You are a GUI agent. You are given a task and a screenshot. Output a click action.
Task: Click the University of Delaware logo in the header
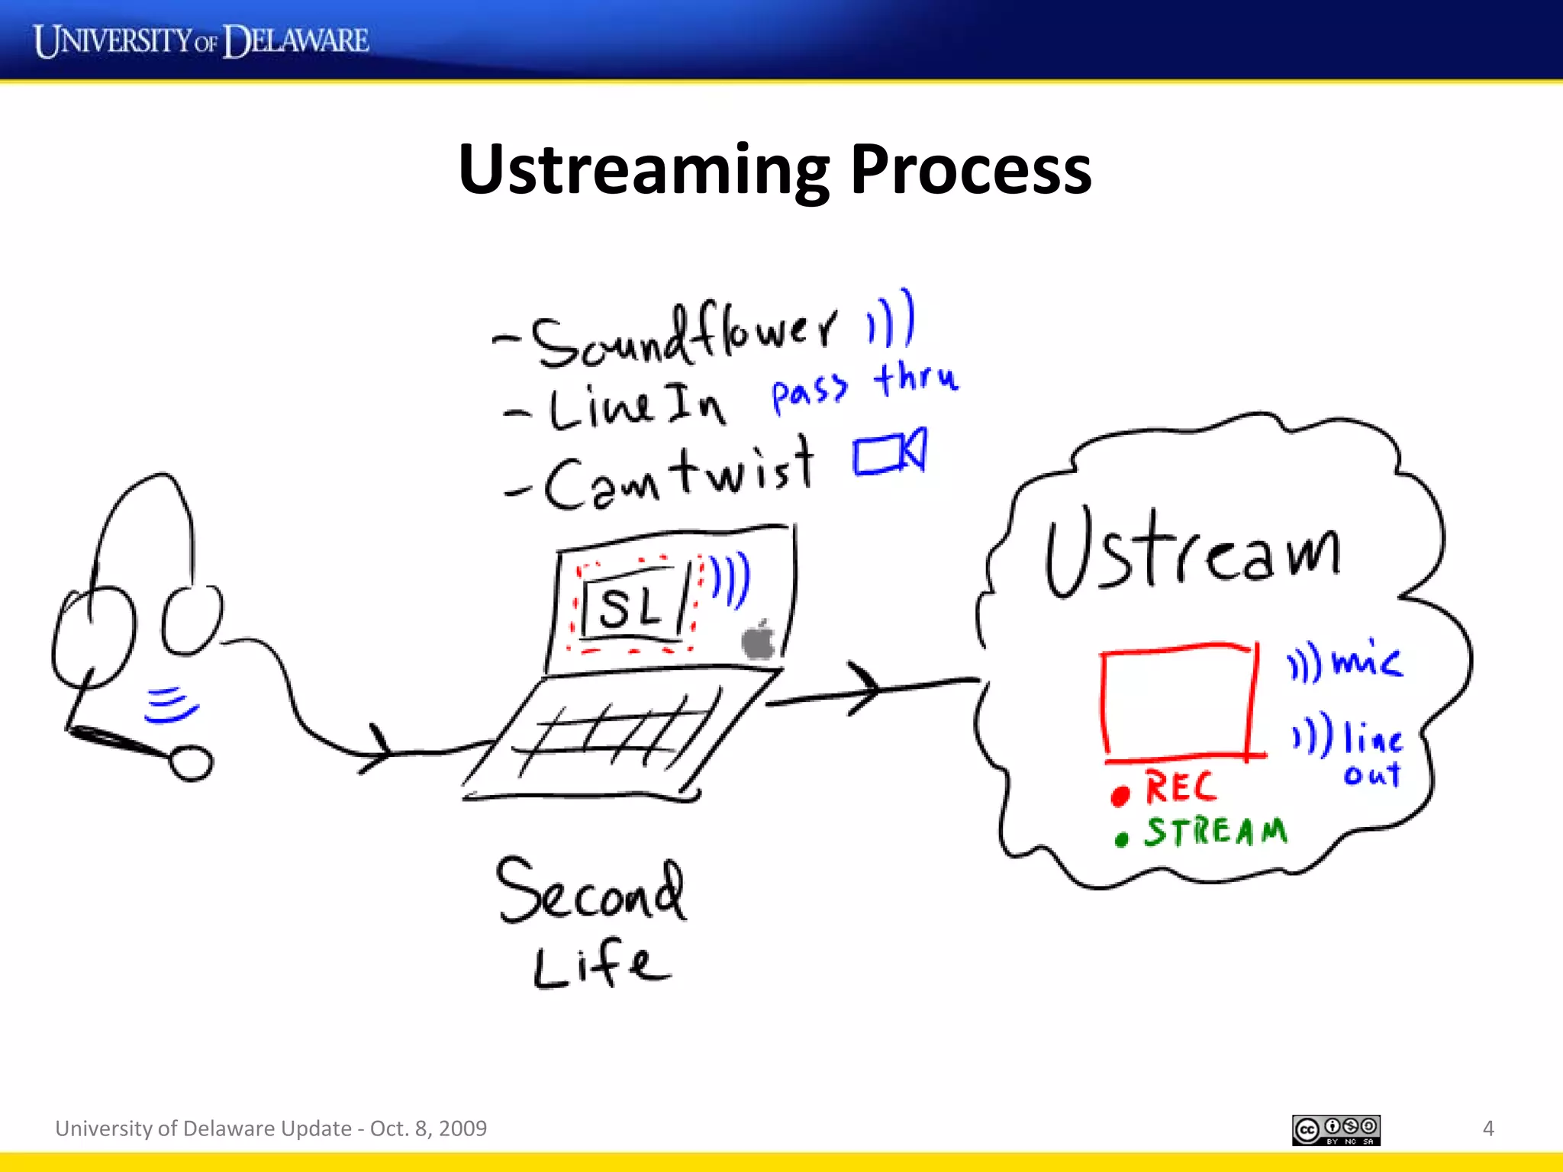coord(201,40)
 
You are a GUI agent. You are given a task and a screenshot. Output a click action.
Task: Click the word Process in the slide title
coord(970,169)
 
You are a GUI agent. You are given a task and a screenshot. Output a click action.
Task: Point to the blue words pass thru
coord(864,387)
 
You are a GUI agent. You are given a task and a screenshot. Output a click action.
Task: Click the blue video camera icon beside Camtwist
coord(889,453)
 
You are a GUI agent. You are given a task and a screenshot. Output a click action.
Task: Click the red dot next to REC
coord(1120,796)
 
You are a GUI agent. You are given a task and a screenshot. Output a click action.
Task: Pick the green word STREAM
coord(1215,832)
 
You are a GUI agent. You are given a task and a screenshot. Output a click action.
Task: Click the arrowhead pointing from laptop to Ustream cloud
coord(870,688)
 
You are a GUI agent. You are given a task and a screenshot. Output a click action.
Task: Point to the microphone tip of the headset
coord(191,763)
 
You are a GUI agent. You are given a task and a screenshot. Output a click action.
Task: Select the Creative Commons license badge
coord(1336,1130)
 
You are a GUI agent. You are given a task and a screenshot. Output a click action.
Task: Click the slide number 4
coord(1487,1129)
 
